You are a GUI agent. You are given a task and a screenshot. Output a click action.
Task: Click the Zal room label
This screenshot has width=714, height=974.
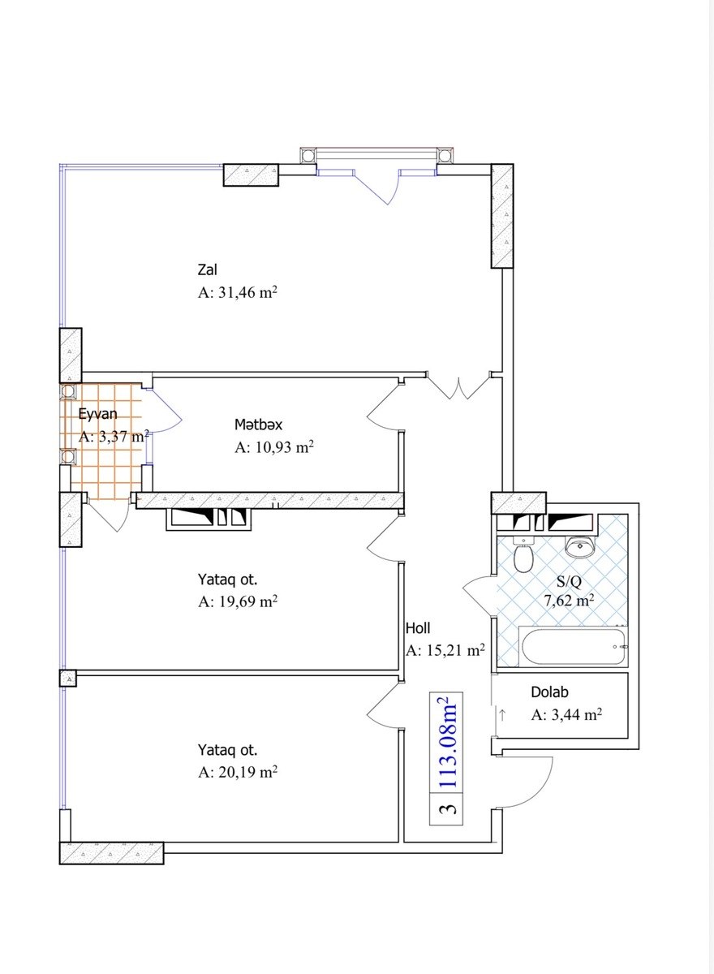pos(207,269)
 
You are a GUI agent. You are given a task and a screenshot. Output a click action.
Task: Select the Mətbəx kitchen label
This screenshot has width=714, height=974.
pos(258,425)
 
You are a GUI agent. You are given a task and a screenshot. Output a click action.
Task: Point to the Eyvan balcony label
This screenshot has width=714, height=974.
pos(98,413)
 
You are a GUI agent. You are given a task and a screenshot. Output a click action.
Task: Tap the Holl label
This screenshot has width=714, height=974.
pos(418,628)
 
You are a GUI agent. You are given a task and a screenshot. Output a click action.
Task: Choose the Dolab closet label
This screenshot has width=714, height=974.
pos(550,692)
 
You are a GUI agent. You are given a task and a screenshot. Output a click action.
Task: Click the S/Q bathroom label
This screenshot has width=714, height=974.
pos(569,581)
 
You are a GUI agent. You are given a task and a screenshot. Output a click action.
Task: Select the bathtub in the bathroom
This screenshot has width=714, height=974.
pos(573,647)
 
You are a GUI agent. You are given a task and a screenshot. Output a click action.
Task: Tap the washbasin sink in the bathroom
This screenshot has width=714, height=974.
pos(579,546)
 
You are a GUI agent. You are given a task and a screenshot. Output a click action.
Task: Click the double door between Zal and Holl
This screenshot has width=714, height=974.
pos(458,386)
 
